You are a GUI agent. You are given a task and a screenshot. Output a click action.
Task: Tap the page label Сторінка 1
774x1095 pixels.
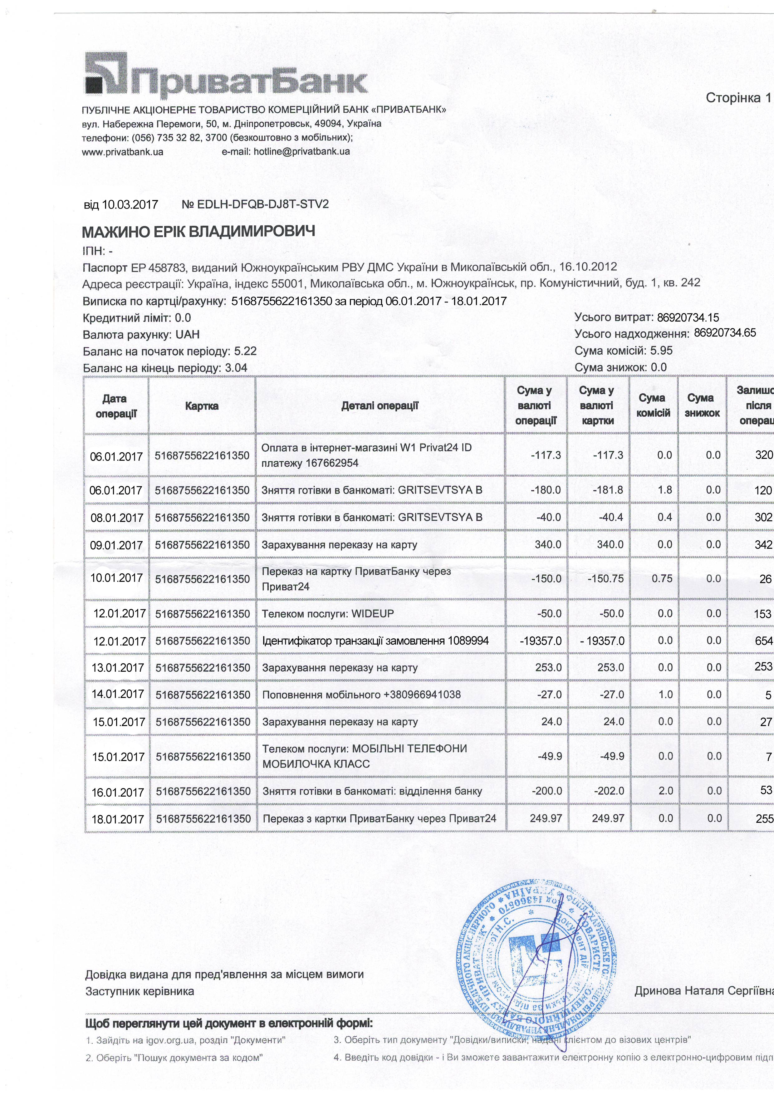(738, 98)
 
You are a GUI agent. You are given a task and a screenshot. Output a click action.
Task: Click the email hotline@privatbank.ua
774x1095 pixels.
(286, 152)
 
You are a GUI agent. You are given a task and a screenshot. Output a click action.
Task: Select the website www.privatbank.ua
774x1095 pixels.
(123, 152)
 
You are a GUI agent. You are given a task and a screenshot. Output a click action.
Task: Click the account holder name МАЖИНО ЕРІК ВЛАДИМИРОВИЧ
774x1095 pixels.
(198, 232)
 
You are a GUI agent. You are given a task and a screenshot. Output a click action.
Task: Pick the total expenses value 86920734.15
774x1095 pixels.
(688, 318)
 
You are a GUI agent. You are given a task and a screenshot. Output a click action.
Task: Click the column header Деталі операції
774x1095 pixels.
(380, 406)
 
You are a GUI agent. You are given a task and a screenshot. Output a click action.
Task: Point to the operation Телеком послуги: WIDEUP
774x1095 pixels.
(328, 614)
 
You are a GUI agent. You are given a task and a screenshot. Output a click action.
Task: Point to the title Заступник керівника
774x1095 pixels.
(140, 991)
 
